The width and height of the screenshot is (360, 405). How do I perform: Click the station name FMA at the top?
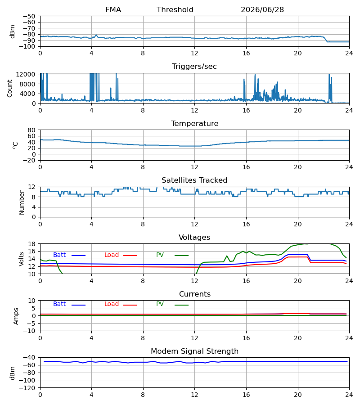tap(113, 9)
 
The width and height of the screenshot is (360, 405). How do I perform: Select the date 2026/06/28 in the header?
tap(262, 9)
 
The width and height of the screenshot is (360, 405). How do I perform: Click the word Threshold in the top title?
tap(175, 9)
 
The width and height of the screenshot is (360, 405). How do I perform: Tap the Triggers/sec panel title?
tap(194, 67)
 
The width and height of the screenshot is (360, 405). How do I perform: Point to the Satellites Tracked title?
tap(194, 180)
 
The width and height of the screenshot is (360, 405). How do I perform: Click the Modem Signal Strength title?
tap(194, 351)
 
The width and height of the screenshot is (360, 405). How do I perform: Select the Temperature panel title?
tap(194, 123)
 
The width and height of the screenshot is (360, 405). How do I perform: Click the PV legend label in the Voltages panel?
tap(160, 255)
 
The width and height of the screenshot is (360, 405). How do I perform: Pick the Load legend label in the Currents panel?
tap(112, 304)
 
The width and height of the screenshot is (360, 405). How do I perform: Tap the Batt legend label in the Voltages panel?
tap(59, 255)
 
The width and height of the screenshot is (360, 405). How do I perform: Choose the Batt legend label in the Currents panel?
tap(59, 304)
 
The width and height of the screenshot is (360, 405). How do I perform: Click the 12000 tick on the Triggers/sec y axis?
tap(26, 74)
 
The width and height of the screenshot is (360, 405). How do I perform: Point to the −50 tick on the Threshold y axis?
tap(29, 16)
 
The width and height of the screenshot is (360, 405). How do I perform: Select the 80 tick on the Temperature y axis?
tap(31, 130)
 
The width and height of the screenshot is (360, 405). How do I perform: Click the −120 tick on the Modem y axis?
tap(27, 388)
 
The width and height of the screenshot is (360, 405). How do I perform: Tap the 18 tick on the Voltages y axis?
tap(31, 244)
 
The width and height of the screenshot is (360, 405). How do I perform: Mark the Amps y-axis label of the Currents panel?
tap(16, 316)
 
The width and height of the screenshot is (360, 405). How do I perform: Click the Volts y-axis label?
tap(21, 259)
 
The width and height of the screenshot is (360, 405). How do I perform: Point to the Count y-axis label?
tap(9, 88)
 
